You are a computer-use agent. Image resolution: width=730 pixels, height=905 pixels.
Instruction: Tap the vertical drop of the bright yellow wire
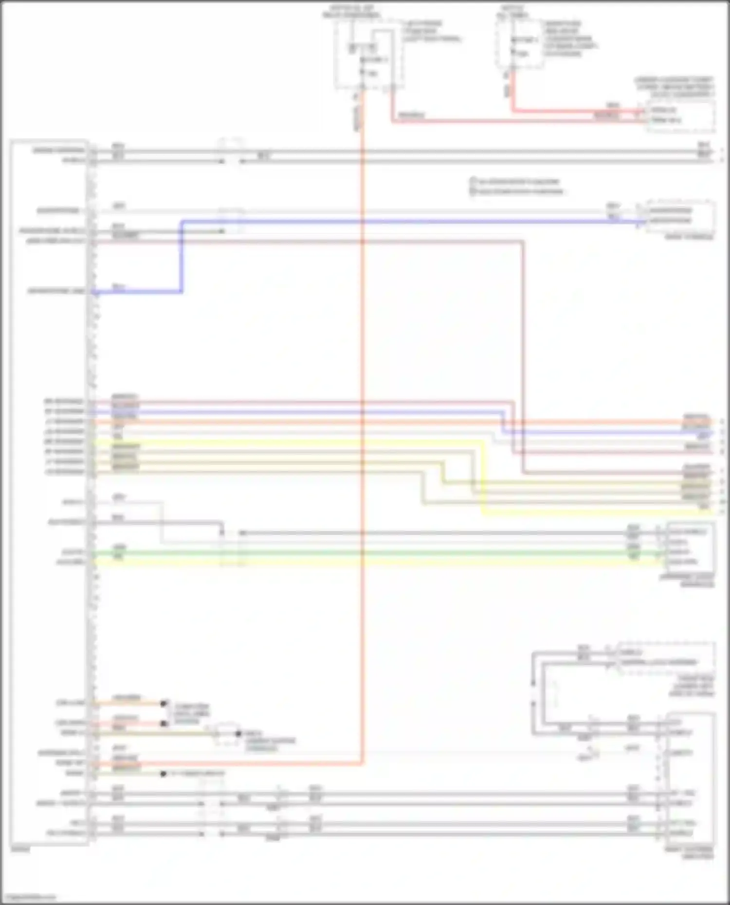point(483,477)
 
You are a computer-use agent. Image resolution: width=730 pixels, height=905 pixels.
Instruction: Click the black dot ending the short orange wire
point(164,703)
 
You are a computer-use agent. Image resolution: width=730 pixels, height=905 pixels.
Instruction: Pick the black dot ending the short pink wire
point(164,724)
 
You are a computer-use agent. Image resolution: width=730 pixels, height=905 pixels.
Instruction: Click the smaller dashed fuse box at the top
point(520,44)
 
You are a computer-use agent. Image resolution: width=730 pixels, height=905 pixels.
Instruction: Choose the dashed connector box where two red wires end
point(680,116)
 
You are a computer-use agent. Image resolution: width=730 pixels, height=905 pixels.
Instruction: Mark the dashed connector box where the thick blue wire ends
point(680,216)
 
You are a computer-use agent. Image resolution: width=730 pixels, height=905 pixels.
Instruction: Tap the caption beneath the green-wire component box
point(687,581)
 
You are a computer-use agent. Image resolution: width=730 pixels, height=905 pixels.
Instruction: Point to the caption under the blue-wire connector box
point(689,237)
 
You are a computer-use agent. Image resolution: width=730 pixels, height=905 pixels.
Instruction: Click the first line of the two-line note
point(516,181)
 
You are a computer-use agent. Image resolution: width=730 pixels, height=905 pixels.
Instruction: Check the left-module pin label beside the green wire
point(73,552)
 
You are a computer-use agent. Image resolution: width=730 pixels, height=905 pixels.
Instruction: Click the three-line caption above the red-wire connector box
point(675,87)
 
